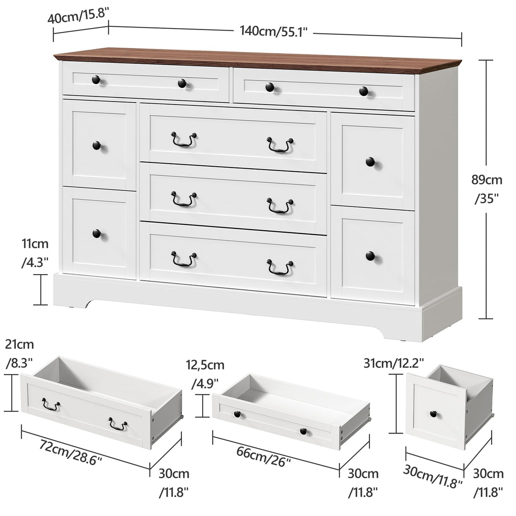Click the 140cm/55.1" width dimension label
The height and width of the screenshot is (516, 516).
[x=273, y=31]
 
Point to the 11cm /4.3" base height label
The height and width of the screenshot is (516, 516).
[x=35, y=253]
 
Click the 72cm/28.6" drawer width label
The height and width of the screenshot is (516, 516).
[x=71, y=452]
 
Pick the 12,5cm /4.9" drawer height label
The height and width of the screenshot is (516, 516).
[x=205, y=374]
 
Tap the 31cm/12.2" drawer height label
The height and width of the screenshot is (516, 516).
[x=394, y=363]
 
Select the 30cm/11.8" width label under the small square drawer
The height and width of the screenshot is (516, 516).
[x=433, y=476]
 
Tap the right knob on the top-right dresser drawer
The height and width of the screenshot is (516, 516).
[x=363, y=91]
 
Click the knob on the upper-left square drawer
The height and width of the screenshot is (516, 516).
[x=97, y=145]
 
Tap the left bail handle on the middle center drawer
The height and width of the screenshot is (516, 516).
[x=184, y=199]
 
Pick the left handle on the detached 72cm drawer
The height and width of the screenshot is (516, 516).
[x=51, y=405]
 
